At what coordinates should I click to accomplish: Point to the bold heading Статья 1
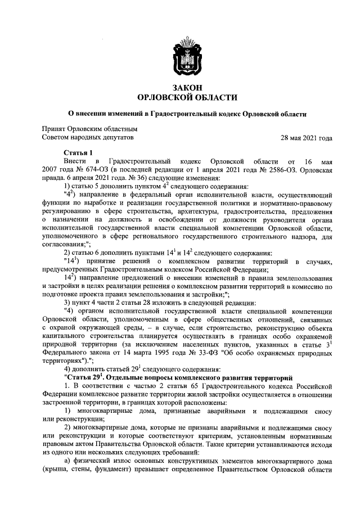coord(78,153)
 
